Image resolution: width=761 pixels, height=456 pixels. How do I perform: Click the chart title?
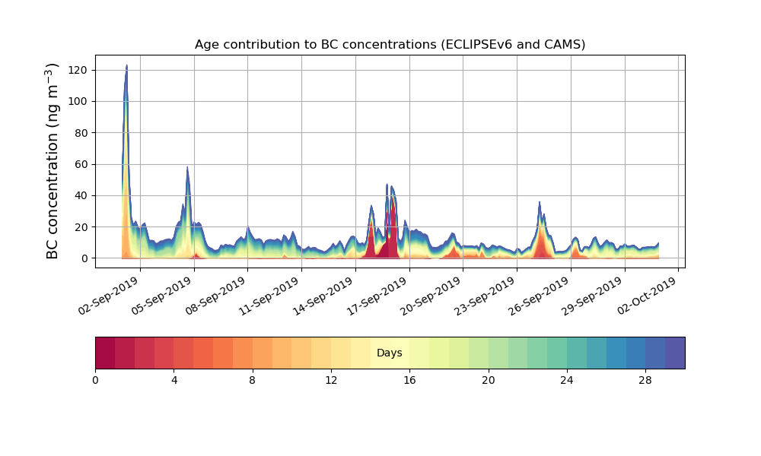(x=390, y=44)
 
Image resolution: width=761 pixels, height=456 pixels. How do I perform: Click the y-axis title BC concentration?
(x=53, y=161)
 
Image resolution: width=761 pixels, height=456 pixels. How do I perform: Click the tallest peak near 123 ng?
(x=126, y=66)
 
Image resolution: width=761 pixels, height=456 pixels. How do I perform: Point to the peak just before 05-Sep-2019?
(x=187, y=168)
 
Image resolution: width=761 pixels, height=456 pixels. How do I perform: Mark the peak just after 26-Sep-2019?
(x=540, y=203)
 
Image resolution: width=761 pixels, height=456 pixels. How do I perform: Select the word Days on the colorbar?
(x=390, y=353)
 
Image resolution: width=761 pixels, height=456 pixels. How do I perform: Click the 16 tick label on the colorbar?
(x=409, y=379)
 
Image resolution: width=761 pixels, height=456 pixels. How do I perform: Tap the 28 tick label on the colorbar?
(x=645, y=379)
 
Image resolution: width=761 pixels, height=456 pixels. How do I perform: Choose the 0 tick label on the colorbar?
(x=95, y=379)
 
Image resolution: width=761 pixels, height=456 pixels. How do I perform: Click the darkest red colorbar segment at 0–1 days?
(x=105, y=353)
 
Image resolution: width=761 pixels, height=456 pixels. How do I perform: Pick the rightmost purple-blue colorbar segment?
(x=675, y=353)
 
